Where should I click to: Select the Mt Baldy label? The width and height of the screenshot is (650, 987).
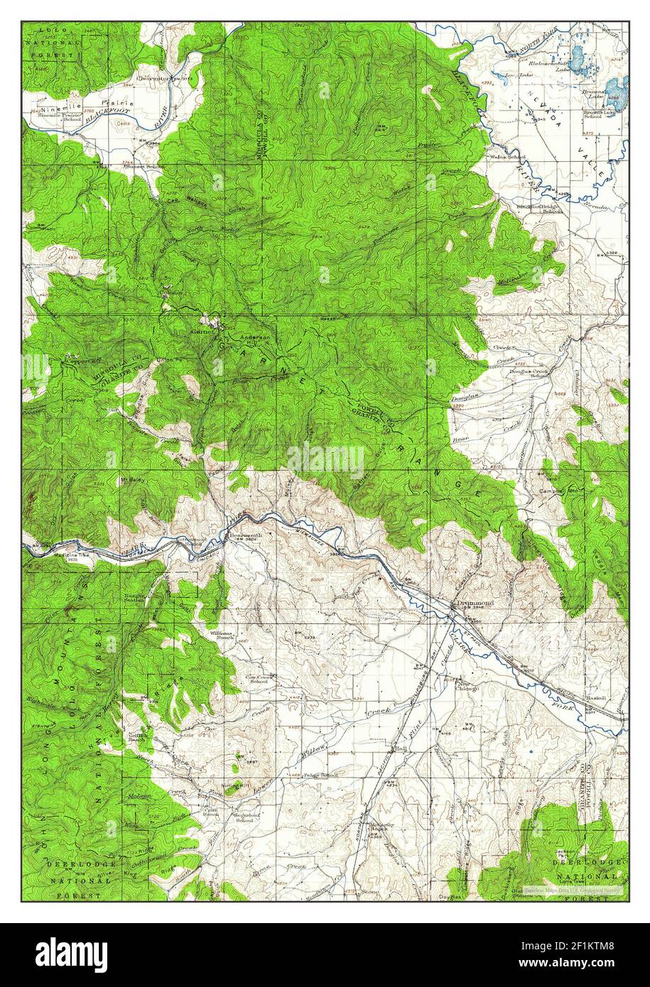point(132,480)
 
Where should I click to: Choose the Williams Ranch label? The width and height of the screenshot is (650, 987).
point(220,634)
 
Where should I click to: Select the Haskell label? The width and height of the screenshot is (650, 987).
point(595,698)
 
